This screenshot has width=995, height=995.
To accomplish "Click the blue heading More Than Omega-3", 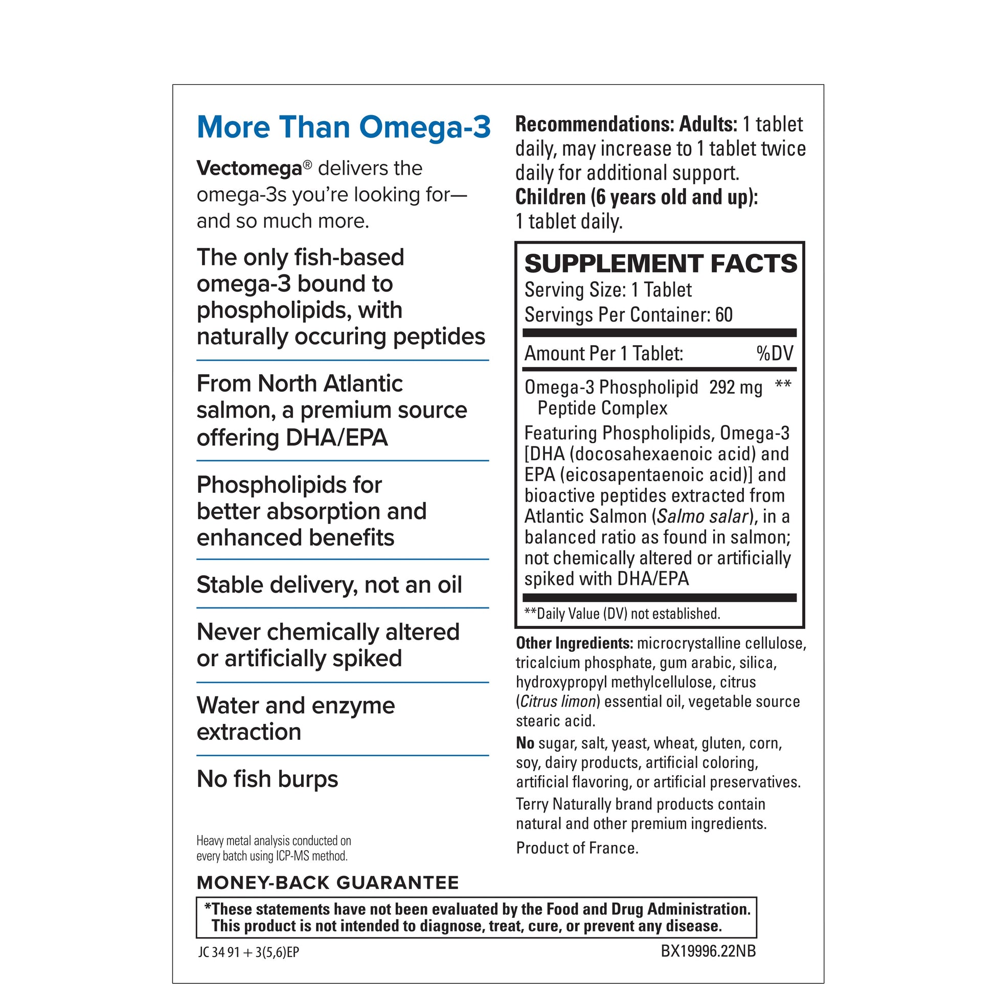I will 344,127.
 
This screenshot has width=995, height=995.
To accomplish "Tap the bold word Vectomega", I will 248,168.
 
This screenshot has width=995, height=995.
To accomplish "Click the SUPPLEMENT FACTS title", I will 660,264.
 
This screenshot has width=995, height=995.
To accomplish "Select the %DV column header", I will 775,353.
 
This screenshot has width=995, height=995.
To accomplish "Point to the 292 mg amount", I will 735,387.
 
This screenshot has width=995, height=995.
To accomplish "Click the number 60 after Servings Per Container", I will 723,314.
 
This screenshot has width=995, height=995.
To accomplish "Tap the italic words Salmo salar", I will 703,516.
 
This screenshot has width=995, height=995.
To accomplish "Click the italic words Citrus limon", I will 558,702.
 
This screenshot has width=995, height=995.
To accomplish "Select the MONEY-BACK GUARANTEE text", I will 328,883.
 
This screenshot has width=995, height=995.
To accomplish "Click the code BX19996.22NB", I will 708,951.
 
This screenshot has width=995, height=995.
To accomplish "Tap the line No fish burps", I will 267,779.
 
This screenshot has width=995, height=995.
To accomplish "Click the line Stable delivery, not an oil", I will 329,584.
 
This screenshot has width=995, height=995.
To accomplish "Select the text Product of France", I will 577,848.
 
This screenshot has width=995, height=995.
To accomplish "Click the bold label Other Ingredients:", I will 574,643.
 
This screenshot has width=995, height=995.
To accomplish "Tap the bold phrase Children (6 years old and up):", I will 637,197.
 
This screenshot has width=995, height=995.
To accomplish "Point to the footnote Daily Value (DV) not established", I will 627,614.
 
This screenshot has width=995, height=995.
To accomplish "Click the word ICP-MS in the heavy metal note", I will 291,856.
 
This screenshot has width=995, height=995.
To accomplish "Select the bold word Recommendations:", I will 594,124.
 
